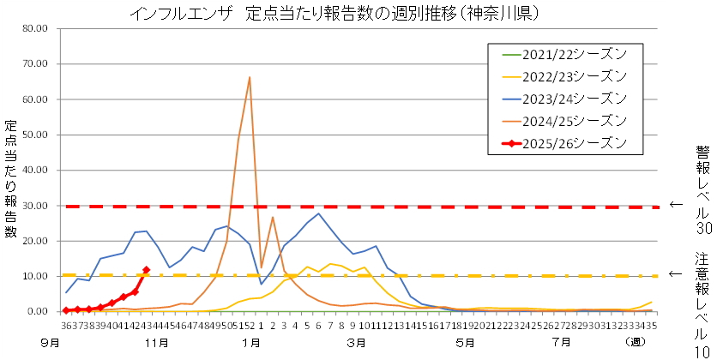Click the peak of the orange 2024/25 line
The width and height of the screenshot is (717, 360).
point(250,77)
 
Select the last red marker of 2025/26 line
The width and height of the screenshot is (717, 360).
point(146,270)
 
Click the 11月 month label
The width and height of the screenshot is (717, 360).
point(155,343)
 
